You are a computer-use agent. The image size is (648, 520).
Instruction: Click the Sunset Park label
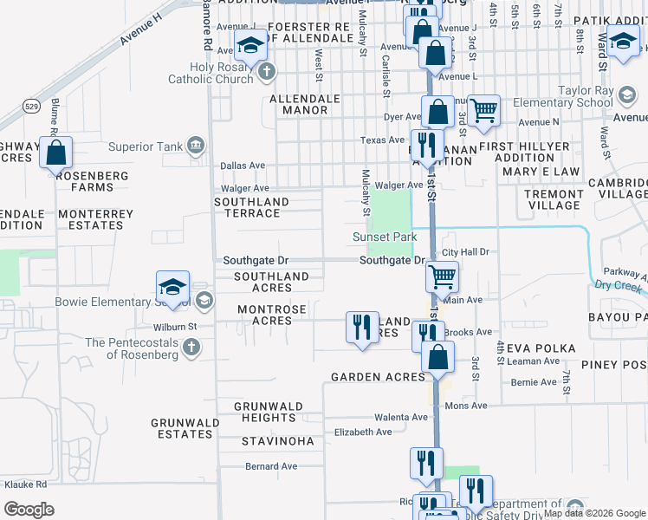(x=385, y=237)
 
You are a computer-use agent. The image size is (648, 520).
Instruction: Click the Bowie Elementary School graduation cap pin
(x=172, y=288)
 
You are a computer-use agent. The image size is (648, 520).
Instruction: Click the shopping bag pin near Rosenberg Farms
(x=56, y=153)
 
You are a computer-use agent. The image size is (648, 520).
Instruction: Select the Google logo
(x=29, y=509)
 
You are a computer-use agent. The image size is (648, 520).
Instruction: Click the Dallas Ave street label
(x=243, y=165)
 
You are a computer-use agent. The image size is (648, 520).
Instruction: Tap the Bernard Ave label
(x=271, y=466)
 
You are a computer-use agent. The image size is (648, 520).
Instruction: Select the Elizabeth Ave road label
(x=363, y=432)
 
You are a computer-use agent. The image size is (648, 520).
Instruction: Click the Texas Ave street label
(x=383, y=140)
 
